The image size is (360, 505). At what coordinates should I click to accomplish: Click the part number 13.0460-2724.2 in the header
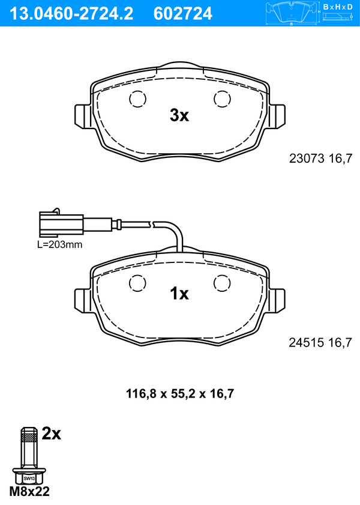coord(71,14)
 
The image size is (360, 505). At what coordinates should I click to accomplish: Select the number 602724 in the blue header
coord(183,14)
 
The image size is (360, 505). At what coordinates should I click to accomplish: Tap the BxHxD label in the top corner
coord(338,7)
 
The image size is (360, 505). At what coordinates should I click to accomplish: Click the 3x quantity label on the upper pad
coord(179,115)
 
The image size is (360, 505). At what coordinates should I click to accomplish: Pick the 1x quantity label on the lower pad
coord(179,294)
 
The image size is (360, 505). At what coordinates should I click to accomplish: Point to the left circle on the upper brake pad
coord(137,98)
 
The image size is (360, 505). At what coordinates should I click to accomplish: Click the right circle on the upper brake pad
coord(223,98)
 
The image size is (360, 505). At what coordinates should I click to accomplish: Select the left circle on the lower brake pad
coord(137,283)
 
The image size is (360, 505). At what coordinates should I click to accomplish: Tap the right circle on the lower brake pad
coord(223,283)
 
